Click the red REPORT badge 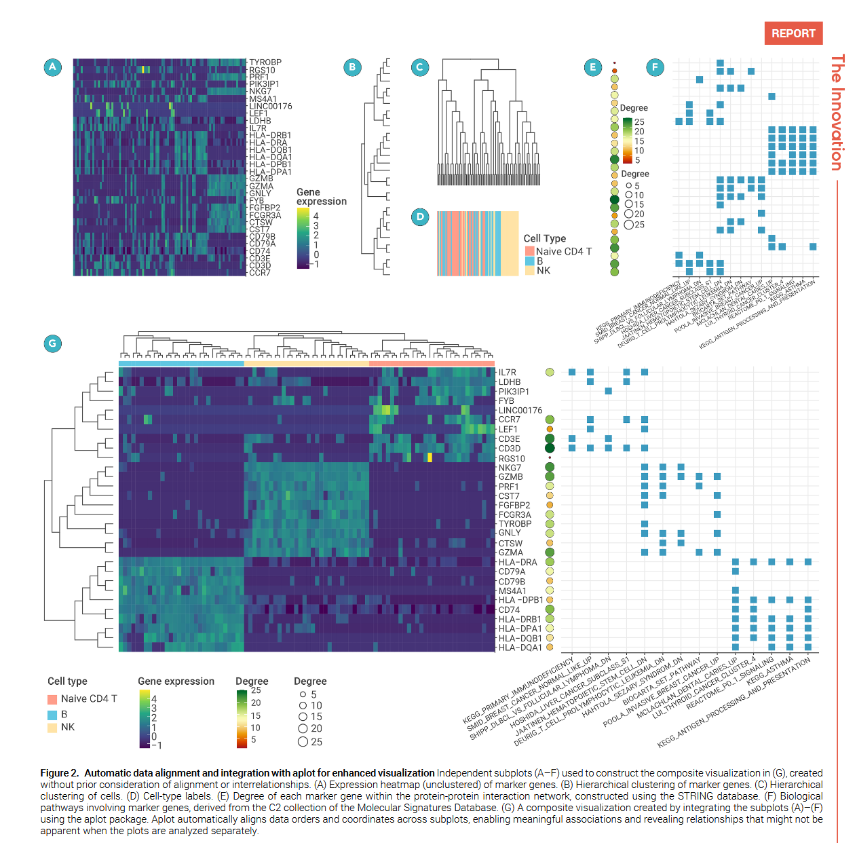[x=793, y=33]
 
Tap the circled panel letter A [x=52, y=67]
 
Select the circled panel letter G [x=52, y=343]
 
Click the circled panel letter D [x=420, y=217]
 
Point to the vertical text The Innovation [x=837, y=113]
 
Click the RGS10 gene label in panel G [x=512, y=458]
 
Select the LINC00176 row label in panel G [x=520, y=411]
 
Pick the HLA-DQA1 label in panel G [x=520, y=648]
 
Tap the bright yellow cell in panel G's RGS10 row [x=430, y=457]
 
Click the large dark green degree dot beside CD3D [x=550, y=448]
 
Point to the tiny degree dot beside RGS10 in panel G [x=550, y=458]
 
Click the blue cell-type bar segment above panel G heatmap [x=181, y=364]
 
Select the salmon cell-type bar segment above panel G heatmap [x=432, y=364]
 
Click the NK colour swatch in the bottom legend [x=52, y=728]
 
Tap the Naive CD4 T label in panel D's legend [x=563, y=251]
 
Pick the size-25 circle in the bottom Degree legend [x=303, y=742]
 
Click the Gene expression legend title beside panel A [x=321, y=197]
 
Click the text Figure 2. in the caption [x=60, y=772]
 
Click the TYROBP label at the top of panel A [x=265, y=62]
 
